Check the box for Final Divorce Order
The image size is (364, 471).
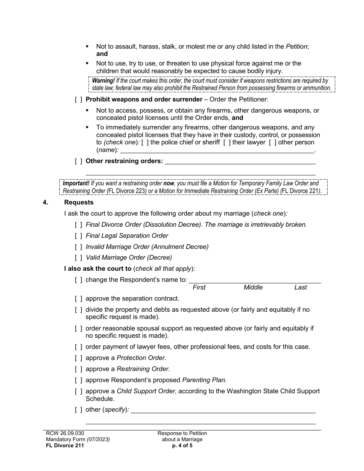tap(78, 225)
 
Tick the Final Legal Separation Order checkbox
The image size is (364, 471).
tap(78, 236)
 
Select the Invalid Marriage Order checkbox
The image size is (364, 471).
tap(78, 247)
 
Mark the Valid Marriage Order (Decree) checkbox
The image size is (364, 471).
tap(78, 258)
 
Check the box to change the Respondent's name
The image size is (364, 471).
tap(78, 280)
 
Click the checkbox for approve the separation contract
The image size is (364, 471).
tap(78, 299)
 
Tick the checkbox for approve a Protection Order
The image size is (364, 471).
tap(78, 358)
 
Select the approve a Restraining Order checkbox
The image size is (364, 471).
tap(78, 369)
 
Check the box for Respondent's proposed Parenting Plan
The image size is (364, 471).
tap(78, 380)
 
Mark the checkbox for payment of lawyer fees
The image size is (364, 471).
tap(78, 347)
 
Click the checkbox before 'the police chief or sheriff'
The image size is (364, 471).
tap(145, 142)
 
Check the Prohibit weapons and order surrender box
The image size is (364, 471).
tap(78, 100)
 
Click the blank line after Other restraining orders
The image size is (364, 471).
tap(239, 162)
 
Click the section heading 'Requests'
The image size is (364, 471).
tap(79, 203)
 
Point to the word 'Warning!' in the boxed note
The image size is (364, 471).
tap(103, 81)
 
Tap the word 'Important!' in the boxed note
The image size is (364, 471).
tap(76, 183)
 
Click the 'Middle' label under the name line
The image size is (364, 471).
tap(253, 288)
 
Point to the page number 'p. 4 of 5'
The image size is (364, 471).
tap(182, 446)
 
